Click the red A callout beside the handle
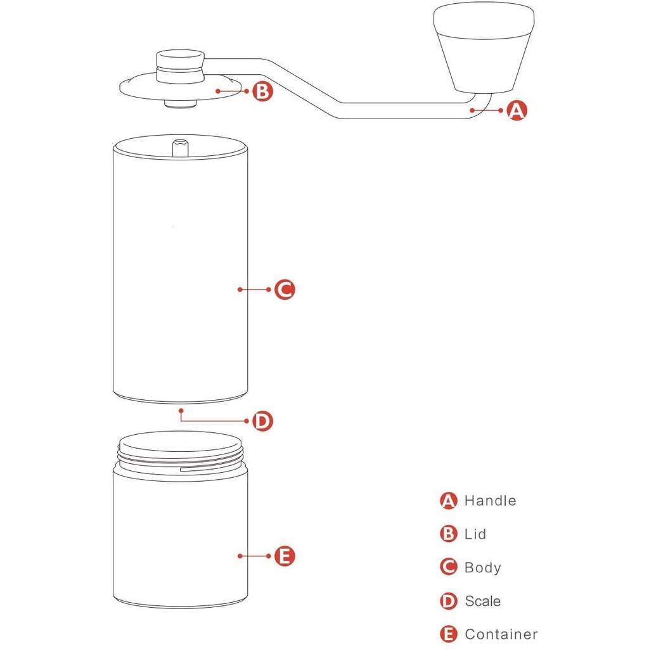[x=517, y=110]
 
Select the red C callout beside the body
[x=285, y=289]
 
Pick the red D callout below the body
[x=263, y=421]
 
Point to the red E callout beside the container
[x=285, y=556]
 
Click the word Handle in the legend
[x=491, y=501]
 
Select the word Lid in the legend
[x=475, y=534]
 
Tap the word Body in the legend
[x=482, y=568]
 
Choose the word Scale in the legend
[x=482, y=601]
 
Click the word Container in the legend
[x=501, y=634]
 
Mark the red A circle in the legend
[x=449, y=501]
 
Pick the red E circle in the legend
[x=449, y=634]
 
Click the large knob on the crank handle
[x=484, y=48]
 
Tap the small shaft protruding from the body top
[x=181, y=148]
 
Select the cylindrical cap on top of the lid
[x=181, y=67]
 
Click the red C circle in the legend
[x=449, y=567]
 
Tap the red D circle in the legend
[x=449, y=601]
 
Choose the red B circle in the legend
[x=449, y=534]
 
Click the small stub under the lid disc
[x=181, y=105]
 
